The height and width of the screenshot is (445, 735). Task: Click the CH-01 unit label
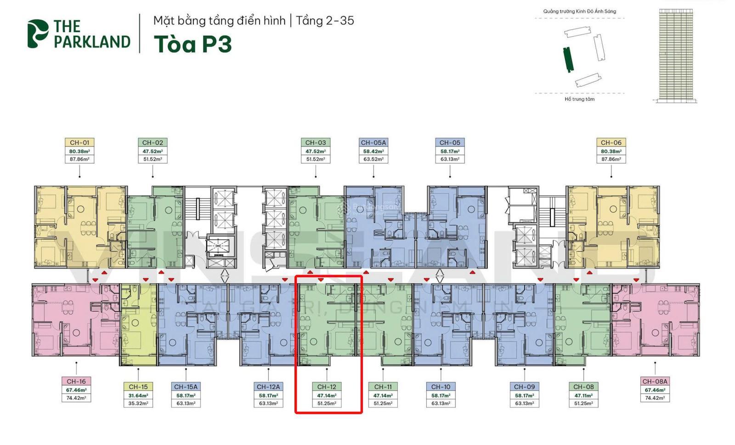(x=79, y=143)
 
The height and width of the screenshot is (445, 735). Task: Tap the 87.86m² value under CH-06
(x=611, y=159)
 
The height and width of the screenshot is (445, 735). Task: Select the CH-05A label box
(x=373, y=143)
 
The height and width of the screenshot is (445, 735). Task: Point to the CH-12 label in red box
(x=327, y=387)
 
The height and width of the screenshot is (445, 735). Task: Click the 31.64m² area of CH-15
(x=138, y=395)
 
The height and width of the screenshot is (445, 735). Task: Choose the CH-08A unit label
(x=655, y=382)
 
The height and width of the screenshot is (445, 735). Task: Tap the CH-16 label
(x=76, y=382)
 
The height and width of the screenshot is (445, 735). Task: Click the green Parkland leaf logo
(x=38, y=34)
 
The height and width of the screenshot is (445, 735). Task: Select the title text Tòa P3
(x=192, y=45)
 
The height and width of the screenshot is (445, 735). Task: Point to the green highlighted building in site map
(x=569, y=60)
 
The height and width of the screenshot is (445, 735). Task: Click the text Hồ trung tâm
(x=579, y=99)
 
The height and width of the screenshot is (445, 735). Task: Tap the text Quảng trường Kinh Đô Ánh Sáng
(x=579, y=11)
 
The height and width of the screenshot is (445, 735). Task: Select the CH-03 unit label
(x=316, y=143)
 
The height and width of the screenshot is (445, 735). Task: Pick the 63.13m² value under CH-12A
(x=268, y=404)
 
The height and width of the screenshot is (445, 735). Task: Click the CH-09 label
(x=524, y=387)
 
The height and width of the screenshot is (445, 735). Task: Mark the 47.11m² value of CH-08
(x=583, y=395)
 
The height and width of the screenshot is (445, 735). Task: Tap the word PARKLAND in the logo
(x=92, y=42)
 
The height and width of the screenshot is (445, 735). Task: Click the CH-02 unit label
(x=153, y=143)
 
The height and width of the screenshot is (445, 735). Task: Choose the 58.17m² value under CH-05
(x=450, y=151)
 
